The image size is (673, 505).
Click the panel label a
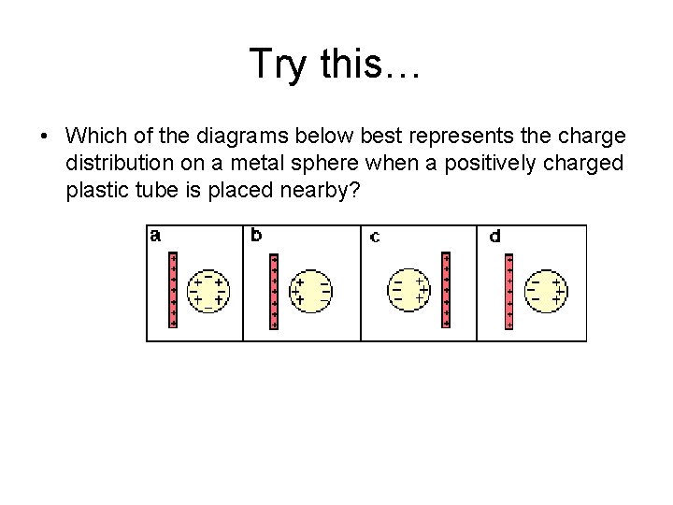(x=156, y=236)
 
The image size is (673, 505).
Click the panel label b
(x=256, y=236)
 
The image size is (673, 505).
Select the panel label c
(x=374, y=237)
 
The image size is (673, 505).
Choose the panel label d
(x=494, y=236)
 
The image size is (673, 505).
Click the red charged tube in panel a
(x=173, y=289)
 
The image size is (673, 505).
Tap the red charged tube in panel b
(x=273, y=291)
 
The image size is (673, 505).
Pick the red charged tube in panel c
(x=446, y=289)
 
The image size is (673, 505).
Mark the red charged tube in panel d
(x=508, y=291)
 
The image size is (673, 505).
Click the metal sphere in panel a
(x=208, y=289)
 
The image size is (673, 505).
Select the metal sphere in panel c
(x=409, y=289)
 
